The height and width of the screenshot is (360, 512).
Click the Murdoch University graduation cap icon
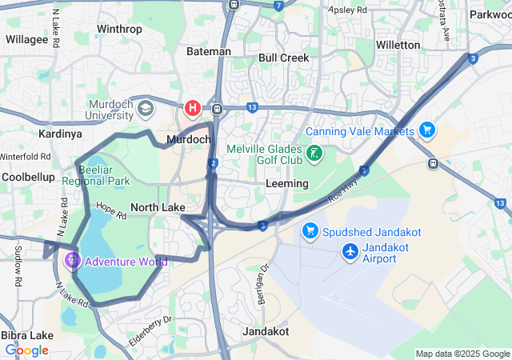click(145, 107)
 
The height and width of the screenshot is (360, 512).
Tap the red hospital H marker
click(192, 107)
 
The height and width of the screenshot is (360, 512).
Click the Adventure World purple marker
click(72, 260)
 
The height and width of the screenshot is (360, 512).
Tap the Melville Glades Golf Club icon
click(315, 153)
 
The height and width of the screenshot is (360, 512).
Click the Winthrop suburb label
click(119, 30)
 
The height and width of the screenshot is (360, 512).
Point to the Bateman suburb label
click(208, 51)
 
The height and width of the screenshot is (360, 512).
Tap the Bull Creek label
click(283, 58)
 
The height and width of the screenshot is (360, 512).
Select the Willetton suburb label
click(398, 45)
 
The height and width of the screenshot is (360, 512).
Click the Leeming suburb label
click(286, 183)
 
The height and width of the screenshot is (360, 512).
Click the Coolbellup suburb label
click(28, 176)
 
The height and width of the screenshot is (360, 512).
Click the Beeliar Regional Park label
click(104, 175)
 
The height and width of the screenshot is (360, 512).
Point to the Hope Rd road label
click(111, 210)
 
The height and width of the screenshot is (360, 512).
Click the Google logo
click(26, 350)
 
